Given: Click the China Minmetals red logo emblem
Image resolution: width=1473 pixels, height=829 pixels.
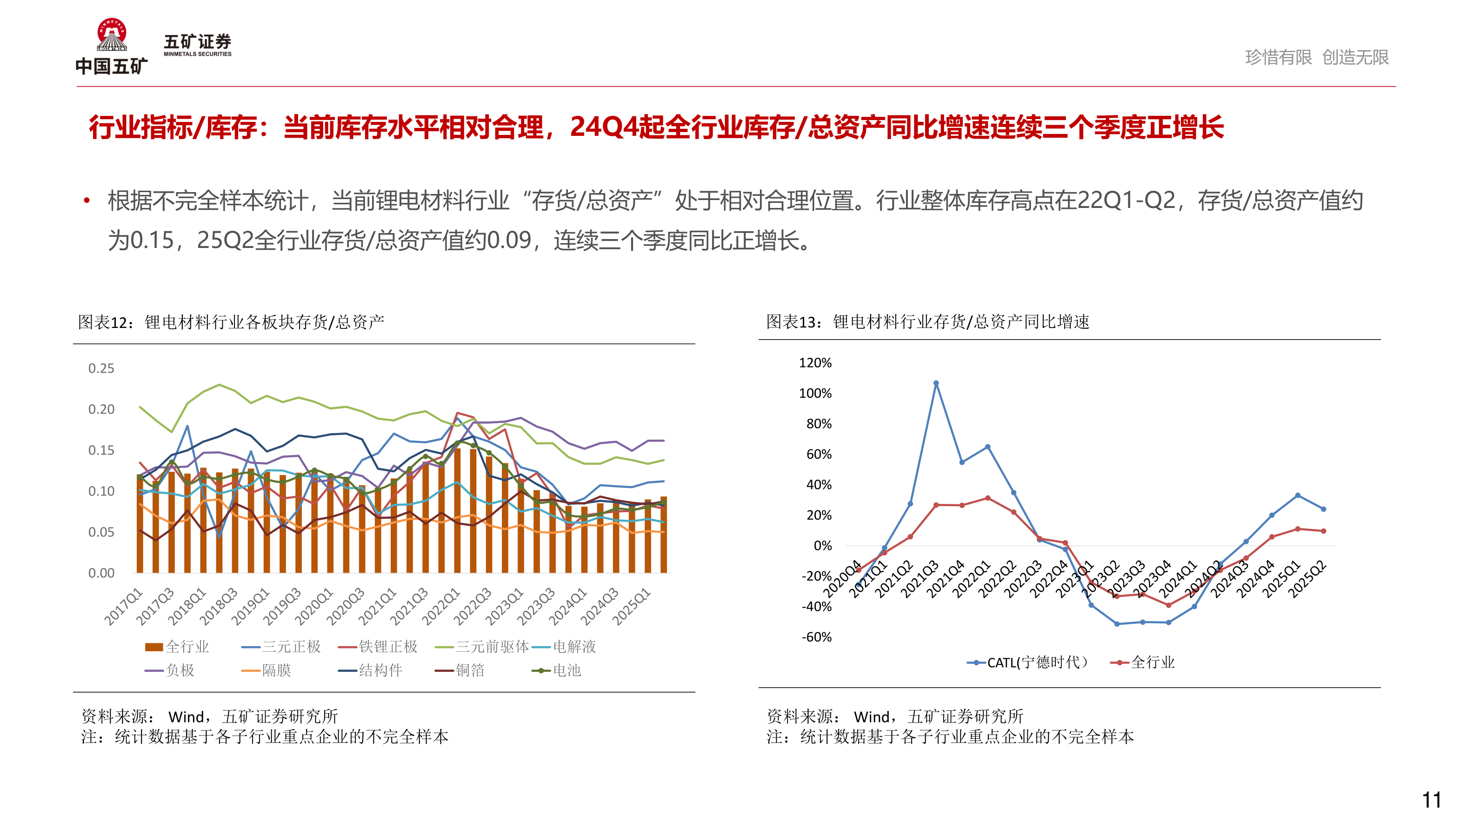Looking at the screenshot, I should [112, 34].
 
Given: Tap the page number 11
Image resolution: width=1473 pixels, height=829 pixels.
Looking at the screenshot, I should [1431, 800].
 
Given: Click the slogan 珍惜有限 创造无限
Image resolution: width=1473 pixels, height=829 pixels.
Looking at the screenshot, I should [1316, 57].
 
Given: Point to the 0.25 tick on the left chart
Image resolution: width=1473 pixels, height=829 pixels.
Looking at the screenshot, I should [101, 368].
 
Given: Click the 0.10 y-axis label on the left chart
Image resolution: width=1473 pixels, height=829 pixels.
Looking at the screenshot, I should [101, 491].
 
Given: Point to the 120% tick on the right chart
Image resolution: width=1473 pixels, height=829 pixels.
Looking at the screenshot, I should [815, 363].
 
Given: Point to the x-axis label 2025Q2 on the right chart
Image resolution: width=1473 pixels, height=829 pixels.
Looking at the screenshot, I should [1306, 579].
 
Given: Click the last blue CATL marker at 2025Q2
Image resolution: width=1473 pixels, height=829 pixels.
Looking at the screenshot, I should [1323, 508].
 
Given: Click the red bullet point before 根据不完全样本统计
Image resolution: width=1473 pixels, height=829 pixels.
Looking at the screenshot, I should [87, 200].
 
